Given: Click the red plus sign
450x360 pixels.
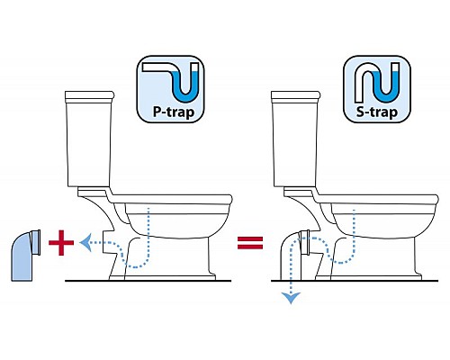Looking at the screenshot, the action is [x=61, y=243].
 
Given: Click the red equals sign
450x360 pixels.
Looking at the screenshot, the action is [x=250, y=243].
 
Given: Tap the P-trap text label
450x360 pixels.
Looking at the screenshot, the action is [x=174, y=112].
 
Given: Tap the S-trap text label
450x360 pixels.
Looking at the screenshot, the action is [x=377, y=112].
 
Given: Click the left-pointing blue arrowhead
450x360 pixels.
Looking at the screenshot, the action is [x=85, y=243].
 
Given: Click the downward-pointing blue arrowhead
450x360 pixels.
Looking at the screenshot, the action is [x=291, y=298].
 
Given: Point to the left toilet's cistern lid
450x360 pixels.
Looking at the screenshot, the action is [x=89, y=96].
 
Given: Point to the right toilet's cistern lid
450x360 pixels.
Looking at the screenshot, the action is [x=295, y=96].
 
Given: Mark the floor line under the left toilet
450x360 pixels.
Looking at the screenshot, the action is [x=148, y=281].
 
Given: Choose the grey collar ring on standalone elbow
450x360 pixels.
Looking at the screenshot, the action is [x=36, y=242].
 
